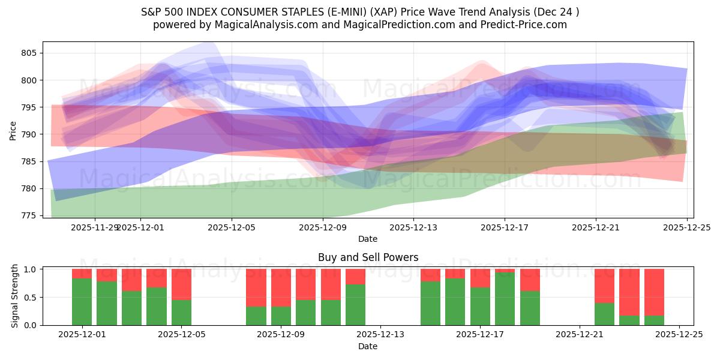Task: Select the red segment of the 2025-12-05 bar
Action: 181,284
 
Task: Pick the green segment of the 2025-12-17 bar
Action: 480,306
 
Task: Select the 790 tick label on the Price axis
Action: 29,134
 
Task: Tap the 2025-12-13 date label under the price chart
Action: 413,227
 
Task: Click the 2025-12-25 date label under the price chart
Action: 686,227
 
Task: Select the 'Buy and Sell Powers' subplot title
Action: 368,257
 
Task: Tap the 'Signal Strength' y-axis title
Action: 14,297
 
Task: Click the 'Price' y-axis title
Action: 13,130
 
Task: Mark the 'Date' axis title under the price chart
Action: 368,239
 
